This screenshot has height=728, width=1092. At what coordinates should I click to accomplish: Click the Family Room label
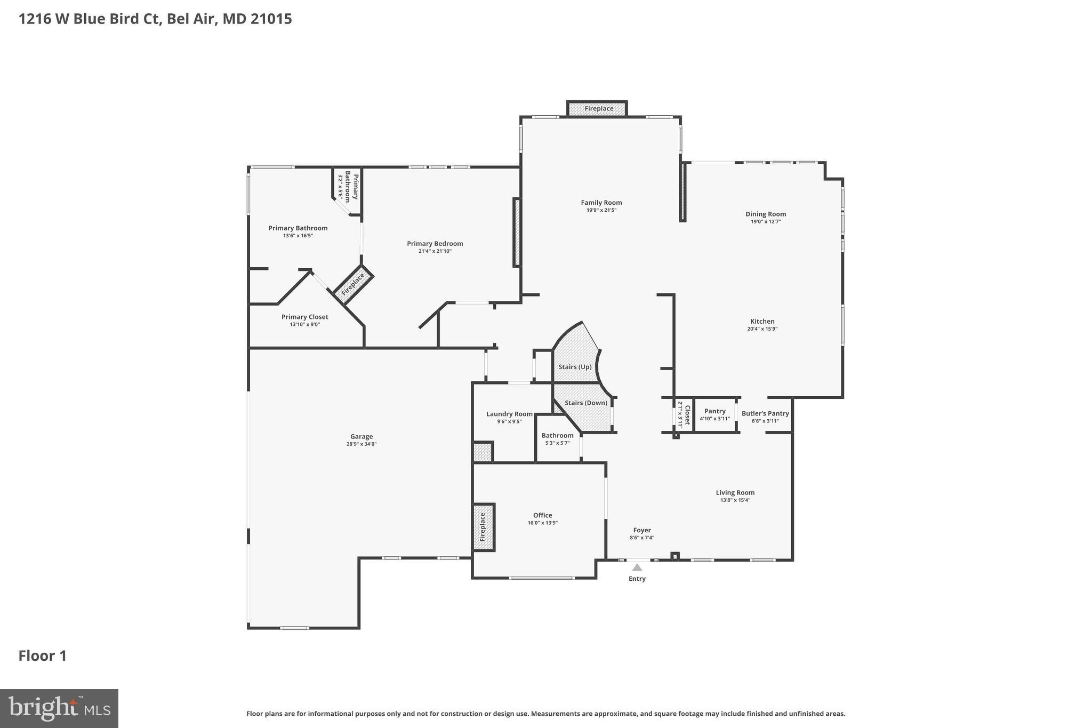point(601,203)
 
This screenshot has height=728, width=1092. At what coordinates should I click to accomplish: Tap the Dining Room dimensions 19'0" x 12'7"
point(766,222)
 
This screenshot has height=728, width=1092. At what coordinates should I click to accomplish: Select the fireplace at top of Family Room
point(598,109)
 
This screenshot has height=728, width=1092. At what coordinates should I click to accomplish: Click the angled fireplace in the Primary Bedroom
point(353,284)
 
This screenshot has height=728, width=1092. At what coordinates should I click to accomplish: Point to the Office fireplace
point(483,527)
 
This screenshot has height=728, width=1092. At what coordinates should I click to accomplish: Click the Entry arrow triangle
point(637,567)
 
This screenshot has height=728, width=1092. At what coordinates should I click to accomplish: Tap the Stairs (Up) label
point(575,367)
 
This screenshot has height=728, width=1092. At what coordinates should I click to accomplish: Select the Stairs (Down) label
point(586,403)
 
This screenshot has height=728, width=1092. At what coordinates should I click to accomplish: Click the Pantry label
point(714,411)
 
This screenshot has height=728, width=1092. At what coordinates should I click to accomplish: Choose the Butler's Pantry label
point(765,413)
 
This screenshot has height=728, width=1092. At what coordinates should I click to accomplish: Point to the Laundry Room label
point(509,414)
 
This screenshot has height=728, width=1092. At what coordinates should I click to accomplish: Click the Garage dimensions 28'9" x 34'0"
point(362,444)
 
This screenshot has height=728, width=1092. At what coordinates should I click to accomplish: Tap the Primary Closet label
point(305,317)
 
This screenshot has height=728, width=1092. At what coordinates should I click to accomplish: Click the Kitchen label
point(762,321)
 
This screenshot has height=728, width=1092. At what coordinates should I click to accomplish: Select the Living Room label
point(735,493)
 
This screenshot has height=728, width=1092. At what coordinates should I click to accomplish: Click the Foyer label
point(642,530)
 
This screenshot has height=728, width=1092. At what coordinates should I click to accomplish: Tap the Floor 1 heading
point(43,656)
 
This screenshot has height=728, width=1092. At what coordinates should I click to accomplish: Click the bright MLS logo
point(59,708)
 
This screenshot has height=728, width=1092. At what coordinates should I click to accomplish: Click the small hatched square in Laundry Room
point(482,452)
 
